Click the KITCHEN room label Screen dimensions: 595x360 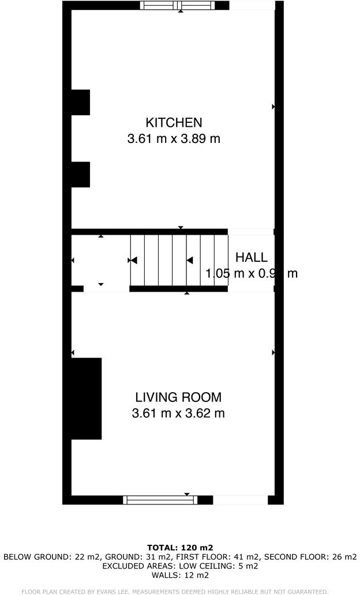pyautogui.click(x=174, y=122)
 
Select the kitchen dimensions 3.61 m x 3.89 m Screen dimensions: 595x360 pyautogui.click(x=174, y=138)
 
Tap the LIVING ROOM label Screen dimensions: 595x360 pyautogui.click(x=178, y=397)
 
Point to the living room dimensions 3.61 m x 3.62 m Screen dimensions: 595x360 pyautogui.click(x=178, y=413)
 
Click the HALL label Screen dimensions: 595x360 pyautogui.click(x=251, y=258)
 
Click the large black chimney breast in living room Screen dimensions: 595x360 pyautogui.click(x=86, y=398)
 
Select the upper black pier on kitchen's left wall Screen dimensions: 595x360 pyautogui.click(x=80, y=102)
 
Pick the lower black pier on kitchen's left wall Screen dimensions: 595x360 pyautogui.click(x=80, y=174)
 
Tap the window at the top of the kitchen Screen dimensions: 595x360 pyautogui.click(x=178, y=6)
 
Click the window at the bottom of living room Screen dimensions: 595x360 pyautogui.click(x=160, y=500)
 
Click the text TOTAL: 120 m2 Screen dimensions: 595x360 pyautogui.click(x=180, y=548)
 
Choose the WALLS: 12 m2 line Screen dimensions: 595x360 pyautogui.click(x=180, y=575)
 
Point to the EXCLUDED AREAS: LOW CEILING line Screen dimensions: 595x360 pyautogui.click(x=180, y=566)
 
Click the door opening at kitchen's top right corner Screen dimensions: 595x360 pyautogui.click(x=252, y=6)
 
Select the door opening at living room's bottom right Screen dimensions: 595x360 pyautogui.click(x=241, y=500)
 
